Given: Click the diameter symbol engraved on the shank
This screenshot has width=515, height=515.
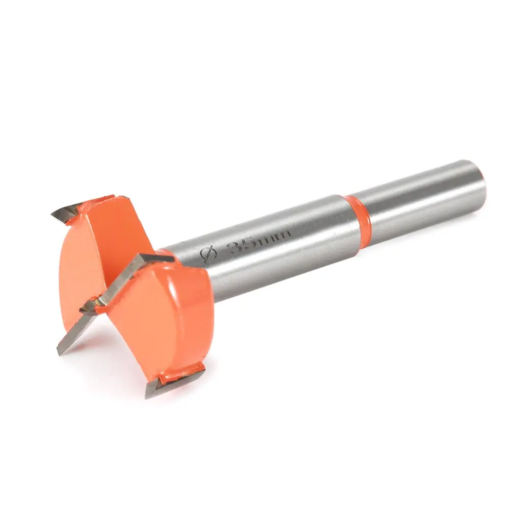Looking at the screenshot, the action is click(x=208, y=254).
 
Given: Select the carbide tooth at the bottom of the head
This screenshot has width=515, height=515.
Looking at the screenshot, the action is click(x=173, y=383).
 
